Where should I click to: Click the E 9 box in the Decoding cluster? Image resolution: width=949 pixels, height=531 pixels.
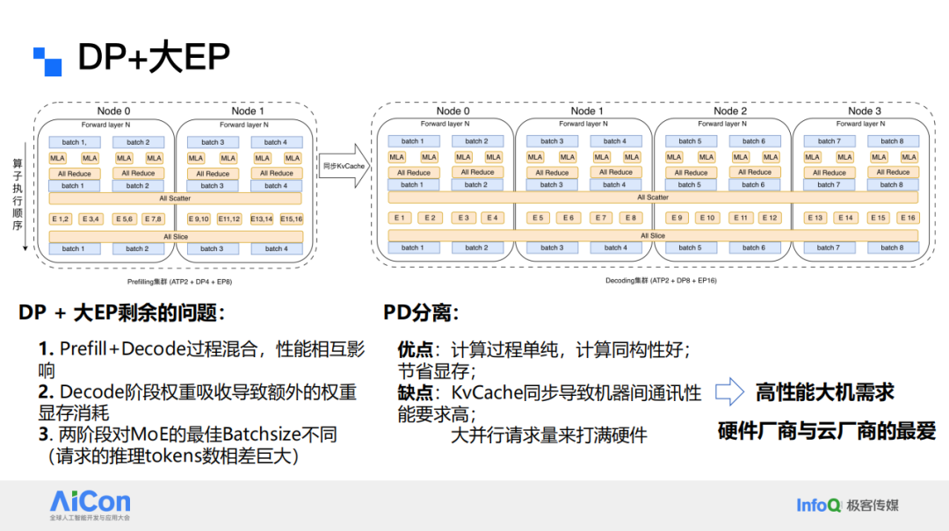[676, 218]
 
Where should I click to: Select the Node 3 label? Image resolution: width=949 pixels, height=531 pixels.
[864, 111]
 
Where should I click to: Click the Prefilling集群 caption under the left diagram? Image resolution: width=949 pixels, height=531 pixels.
[180, 283]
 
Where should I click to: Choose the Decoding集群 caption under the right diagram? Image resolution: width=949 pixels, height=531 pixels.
[648, 281]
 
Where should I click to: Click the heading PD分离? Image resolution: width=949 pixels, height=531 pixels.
[421, 312]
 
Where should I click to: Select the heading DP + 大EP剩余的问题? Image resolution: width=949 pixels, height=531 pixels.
[122, 312]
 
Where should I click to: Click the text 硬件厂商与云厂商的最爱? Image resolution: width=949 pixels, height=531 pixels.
[826, 431]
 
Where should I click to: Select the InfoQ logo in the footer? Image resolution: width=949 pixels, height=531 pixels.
[819, 505]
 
